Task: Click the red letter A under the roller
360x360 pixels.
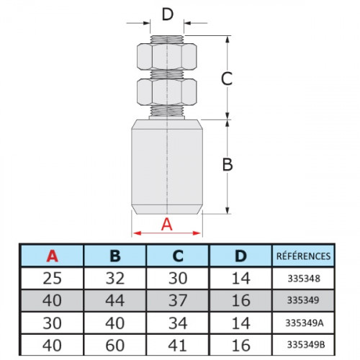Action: tap(167, 225)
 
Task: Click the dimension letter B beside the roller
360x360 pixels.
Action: tap(228, 165)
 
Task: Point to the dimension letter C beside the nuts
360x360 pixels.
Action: tap(227, 78)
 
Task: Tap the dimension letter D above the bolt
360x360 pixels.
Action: tap(168, 14)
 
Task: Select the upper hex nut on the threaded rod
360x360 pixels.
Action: tap(167, 57)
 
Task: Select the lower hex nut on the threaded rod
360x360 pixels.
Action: tap(167, 92)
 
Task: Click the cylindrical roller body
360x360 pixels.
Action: tap(167, 167)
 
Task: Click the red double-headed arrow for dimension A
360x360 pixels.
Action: tap(167, 233)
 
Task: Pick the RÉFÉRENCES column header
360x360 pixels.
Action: tap(303, 256)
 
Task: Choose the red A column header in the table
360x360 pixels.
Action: tap(53, 256)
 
